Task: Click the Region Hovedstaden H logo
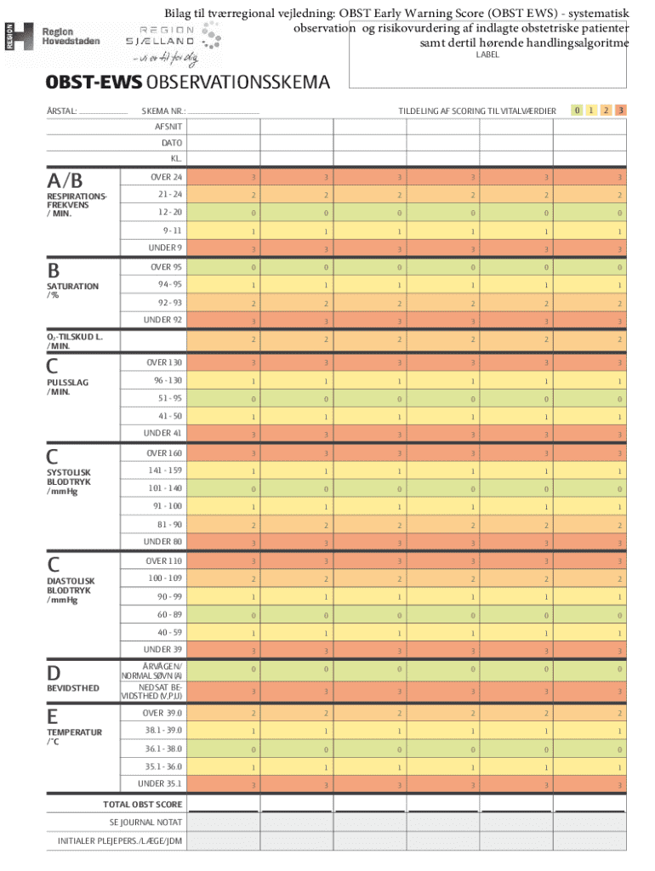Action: coord(20,37)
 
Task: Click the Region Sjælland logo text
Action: coord(160,36)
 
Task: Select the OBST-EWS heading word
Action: coord(94,83)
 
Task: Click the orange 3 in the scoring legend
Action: coord(621,110)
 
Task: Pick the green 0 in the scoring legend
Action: coord(577,110)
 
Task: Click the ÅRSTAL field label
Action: coord(61,111)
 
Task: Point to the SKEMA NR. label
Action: coord(163,111)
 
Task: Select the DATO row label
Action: coord(172,143)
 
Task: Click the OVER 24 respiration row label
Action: coord(166,177)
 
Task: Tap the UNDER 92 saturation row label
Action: coord(162,320)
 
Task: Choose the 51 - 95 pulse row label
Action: coord(170,398)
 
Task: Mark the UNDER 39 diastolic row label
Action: coord(162,649)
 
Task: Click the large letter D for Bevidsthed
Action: coord(54,674)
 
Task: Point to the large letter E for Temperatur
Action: coord(52,716)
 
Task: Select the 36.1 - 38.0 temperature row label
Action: coord(163,749)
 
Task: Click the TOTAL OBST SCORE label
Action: coord(143,805)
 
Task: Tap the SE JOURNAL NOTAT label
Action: coord(145,823)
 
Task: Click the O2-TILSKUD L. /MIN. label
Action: coord(75,341)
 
